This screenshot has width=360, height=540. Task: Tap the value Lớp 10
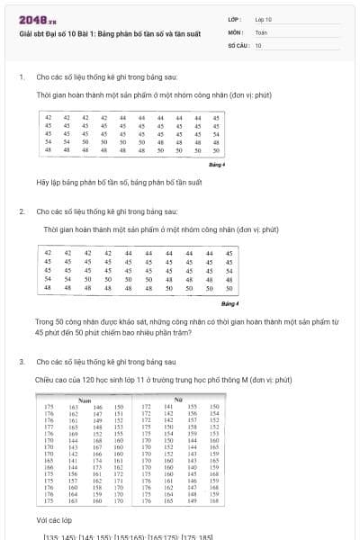click(x=263, y=19)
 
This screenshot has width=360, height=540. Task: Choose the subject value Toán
click(x=261, y=31)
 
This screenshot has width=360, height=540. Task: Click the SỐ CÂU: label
click(x=237, y=44)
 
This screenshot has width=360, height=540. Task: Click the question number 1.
click(x=22, y=77)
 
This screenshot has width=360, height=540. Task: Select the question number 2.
click(x=22, y=211)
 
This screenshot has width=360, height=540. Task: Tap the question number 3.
click(x=22, y=361)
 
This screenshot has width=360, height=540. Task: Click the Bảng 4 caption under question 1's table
click(x=216, y=165)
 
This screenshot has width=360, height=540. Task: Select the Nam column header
click(x=85, y=399)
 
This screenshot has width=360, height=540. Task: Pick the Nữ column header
click(x=177, y=399)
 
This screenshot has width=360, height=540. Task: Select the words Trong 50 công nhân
click(x=67, y=320)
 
